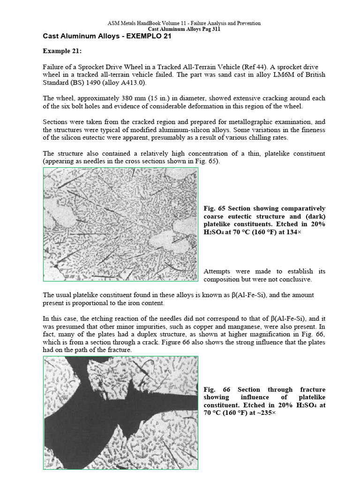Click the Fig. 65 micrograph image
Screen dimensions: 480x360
click(x=120, y=224)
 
